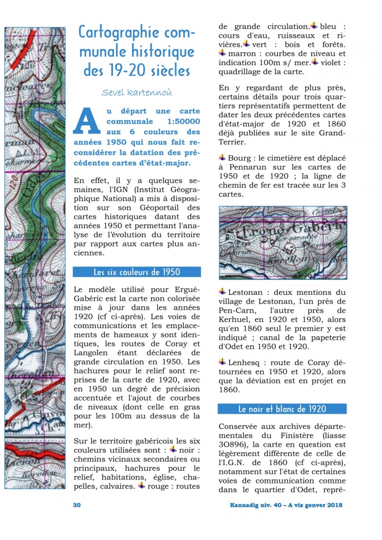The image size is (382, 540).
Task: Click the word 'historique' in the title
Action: pos(163,52)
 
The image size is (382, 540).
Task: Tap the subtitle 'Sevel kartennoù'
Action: pos(136,92)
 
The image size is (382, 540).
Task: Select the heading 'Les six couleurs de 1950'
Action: pos(137,271)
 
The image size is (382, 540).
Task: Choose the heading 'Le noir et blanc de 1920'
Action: pos(282,409)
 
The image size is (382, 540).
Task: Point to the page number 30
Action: pos(77,505)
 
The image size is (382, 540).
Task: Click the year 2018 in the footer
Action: pos(333,505)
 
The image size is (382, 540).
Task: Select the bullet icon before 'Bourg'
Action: pos(222,157)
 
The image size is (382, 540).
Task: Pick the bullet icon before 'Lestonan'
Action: pos(222,292)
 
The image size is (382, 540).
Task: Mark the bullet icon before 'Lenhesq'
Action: pos(222,361)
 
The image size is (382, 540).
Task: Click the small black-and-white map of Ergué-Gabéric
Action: pos(283,235)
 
